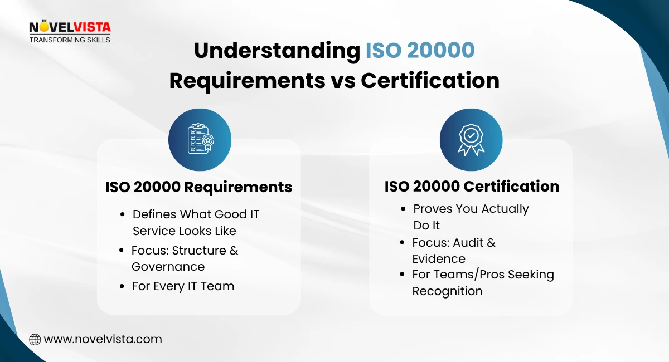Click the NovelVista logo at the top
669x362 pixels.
70,28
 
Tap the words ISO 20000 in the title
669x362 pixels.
420,51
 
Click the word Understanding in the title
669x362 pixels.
277,51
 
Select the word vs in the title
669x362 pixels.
340,81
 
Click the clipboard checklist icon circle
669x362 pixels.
200,140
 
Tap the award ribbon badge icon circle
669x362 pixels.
471,140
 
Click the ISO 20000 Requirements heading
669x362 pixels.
198,187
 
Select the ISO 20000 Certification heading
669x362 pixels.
472,186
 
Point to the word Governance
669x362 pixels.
168,267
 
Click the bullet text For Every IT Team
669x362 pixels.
183,286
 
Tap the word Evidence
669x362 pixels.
439,259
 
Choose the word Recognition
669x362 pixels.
447,291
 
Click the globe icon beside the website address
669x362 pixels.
35,339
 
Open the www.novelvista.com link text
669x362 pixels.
103,339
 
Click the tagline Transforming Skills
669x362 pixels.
70,40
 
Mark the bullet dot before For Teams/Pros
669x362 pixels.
403,275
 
